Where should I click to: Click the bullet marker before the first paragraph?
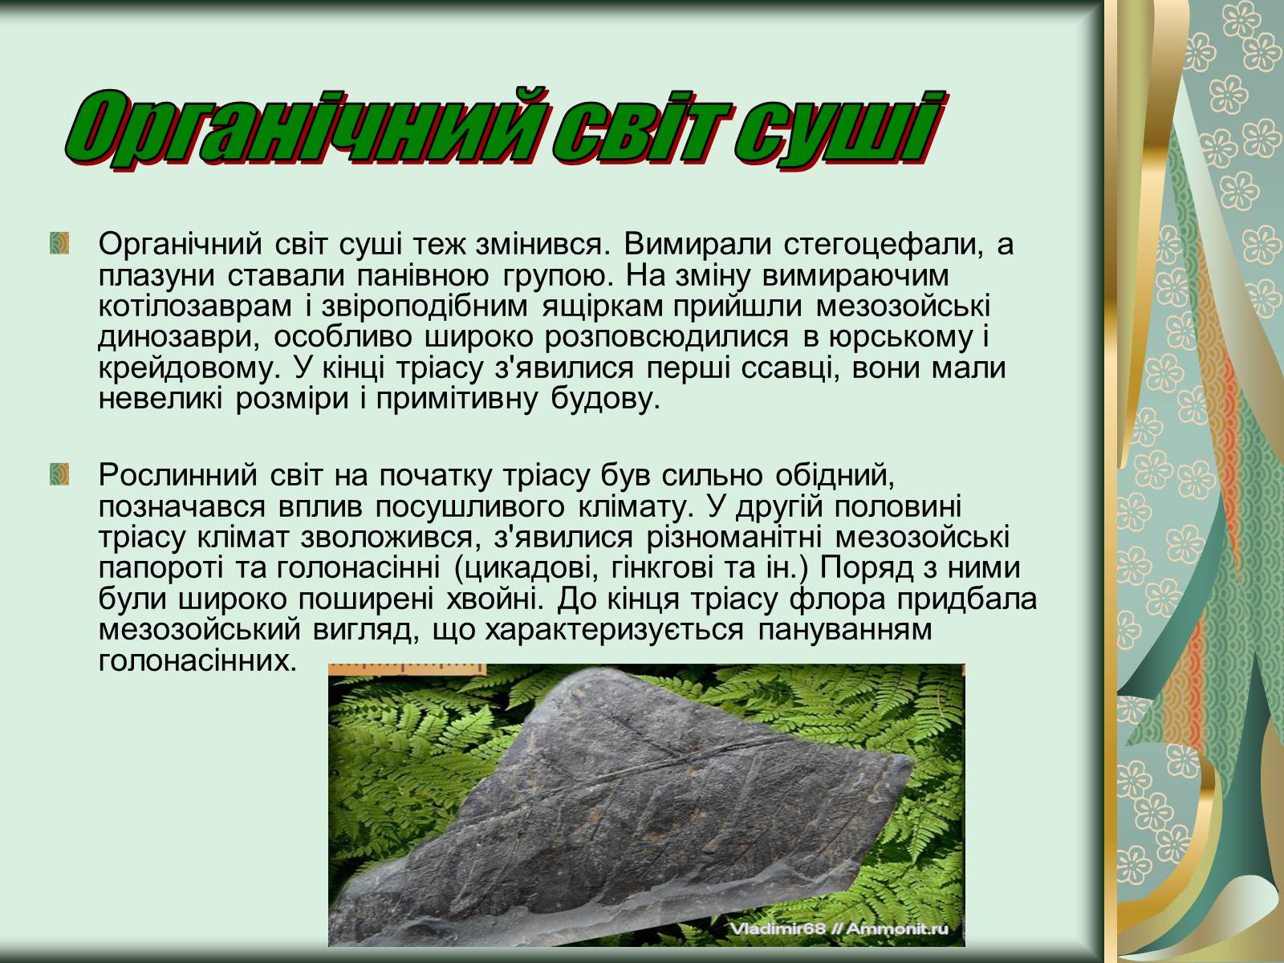point(59,243)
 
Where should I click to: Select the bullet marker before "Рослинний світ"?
point(59,474)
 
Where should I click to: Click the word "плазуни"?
point(156,275)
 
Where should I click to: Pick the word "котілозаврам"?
point(195,306)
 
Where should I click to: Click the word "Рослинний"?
point(178,475)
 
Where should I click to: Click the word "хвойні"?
point(498,599)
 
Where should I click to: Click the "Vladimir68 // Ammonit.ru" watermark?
point(839,928)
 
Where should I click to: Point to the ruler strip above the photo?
point(407,669)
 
